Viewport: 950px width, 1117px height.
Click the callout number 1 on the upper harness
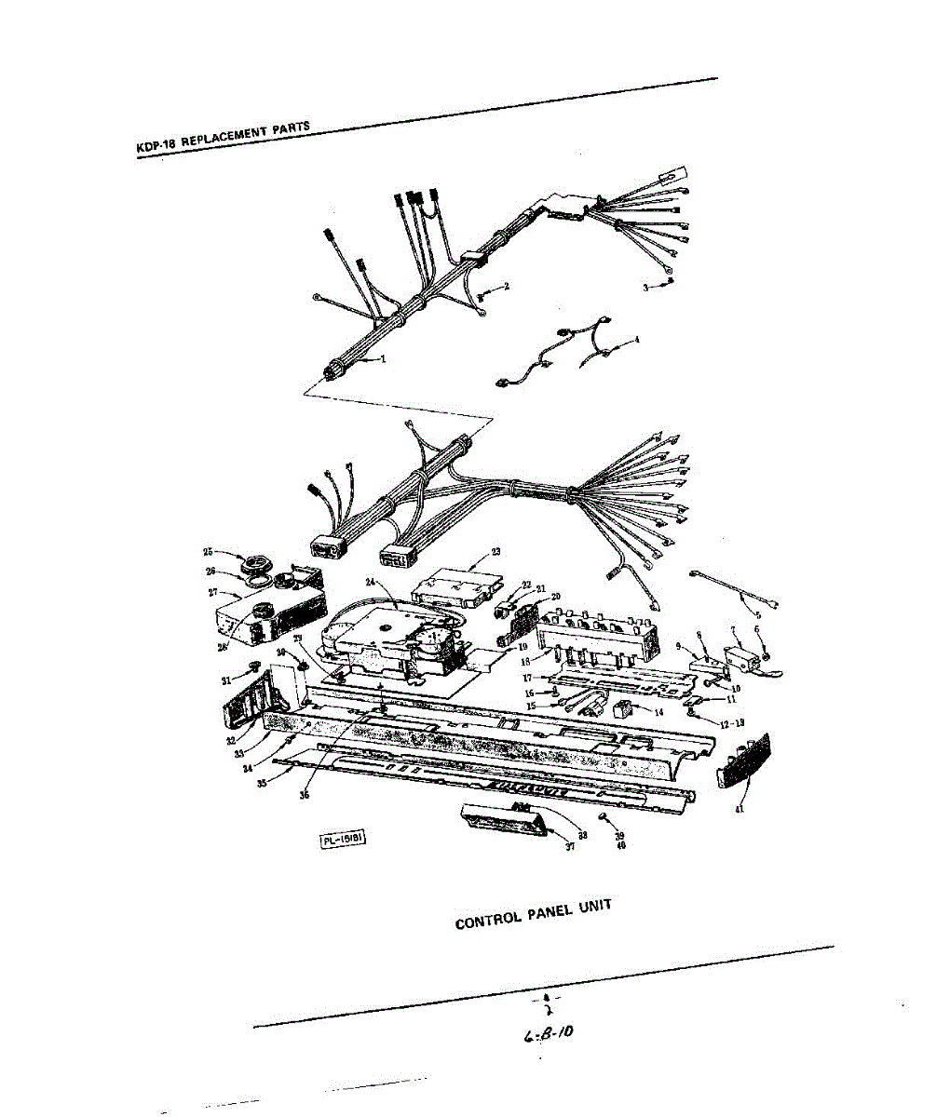pyautogui.click(x=382, y=359)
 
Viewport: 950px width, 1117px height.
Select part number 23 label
pyautogui.click(x=495, y=552)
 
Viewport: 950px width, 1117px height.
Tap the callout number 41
pyautogui.click(x=740, y=809)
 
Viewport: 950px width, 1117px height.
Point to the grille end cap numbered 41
pyautogui.click(x=747, y=759)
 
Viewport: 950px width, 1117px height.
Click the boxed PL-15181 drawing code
pyautogui.click(x=342, y=840)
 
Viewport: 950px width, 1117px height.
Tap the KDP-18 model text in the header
pyautogui.click(x=156, y=147)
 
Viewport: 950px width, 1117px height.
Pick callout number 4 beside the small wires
pyautogui.click(x=636, y=340)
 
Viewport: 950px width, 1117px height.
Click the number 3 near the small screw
pyautogui.click(x=645, y=288)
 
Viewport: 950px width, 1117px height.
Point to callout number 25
pyautogui.click(x=209, y=552)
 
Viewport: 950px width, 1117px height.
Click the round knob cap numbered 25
pyautogui.click(x=251, y=564)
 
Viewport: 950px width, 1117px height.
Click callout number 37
pyautogui.click(x=570, y=846)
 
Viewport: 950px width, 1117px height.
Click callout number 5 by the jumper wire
pyautogui.click(x=756, y=613)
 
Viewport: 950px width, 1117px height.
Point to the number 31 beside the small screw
pyautogui.click(x=225, y=680)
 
